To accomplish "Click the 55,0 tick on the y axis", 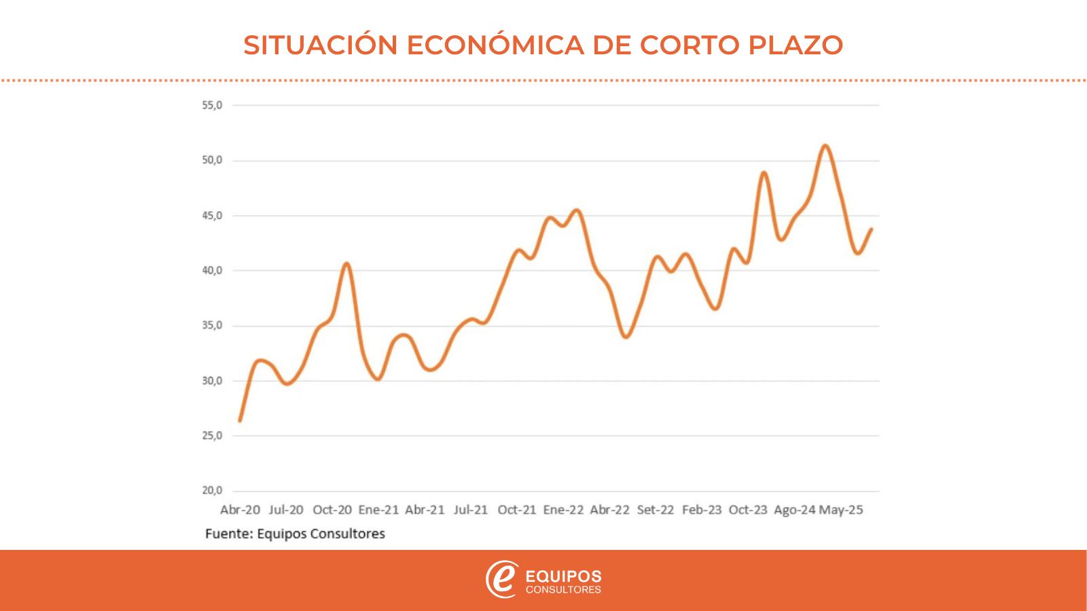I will [x=213, y=106].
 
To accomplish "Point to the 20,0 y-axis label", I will [x=213, y=491].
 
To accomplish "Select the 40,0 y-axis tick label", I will [x=213, y=271].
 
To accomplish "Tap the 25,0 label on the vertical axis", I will [x=213, y=436].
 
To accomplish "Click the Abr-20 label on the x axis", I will [x=240, y=510].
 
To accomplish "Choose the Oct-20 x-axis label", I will [x=332, y=510].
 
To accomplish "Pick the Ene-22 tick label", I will [x=563, y=510].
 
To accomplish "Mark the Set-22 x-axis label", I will [x=656, y=510].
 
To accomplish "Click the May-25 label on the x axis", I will [x=841, y=510].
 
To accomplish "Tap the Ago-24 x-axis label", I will [x=794, y=510].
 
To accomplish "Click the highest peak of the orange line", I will [x=825, y=146].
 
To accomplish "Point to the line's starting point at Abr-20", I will [x=240, y=421].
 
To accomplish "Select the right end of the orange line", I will [x=871, y=229].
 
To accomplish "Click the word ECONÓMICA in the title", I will [x=495, y=45].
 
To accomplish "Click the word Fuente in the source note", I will [x=228, y=534].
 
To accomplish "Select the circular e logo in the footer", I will [x=501, y=580].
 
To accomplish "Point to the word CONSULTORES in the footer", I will [x=563, y=590].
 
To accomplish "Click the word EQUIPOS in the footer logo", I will [x=563, y=576].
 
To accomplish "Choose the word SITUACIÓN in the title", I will [x=321, y=45].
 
